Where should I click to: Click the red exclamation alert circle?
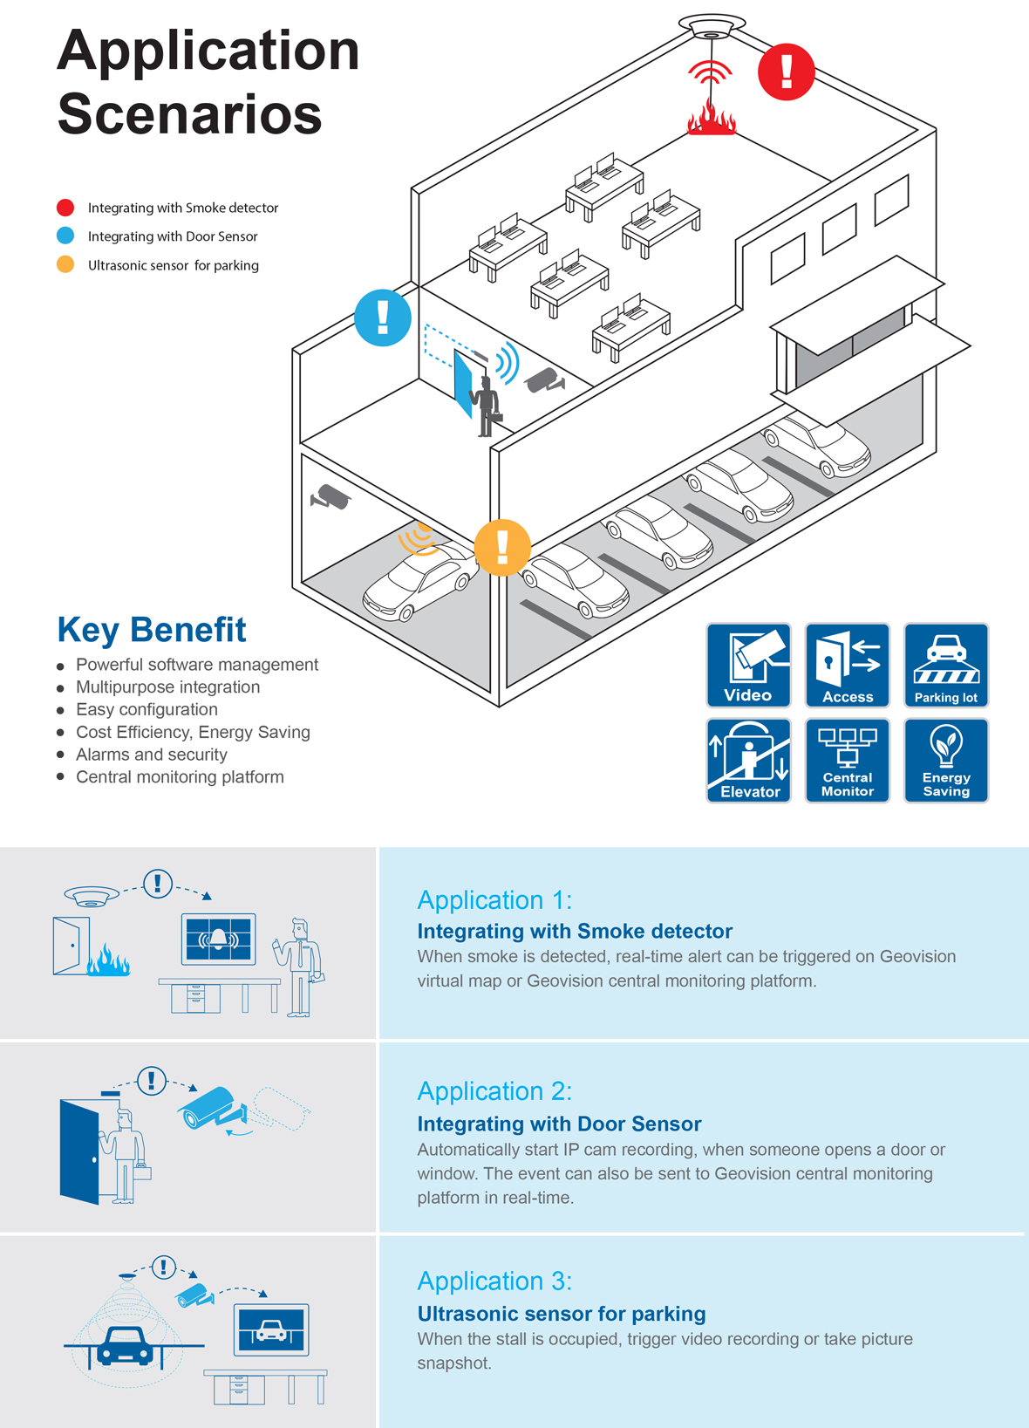[x=787, y=72]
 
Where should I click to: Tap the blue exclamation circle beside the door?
[x=382, y=318]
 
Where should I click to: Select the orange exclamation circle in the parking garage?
[x=502, y=548]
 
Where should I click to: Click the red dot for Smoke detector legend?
[x=65, y=208]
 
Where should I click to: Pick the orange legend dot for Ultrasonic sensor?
[x=65, y=264]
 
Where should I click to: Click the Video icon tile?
[x=748, y=665]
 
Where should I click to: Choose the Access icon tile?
[x=847, y=665]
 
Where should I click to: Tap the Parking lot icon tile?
[x=946, y=665]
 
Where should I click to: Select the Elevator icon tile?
[x=748, y=761]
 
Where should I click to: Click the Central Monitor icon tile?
[x=847, y=761]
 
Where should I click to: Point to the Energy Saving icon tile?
[x=946, y=761]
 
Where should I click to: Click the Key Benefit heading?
[x=152, y=630]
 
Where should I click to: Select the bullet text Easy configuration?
[x=147, y=709]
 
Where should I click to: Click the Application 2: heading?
[x=494, y=1090]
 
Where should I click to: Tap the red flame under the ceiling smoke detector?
[x=711, y=117]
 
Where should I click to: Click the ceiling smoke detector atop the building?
[x=712, y=26]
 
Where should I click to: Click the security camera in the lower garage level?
[x=330, y=496]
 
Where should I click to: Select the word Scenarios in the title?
[x=189, y=114]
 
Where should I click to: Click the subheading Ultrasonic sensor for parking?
[x=562, y=1313]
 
